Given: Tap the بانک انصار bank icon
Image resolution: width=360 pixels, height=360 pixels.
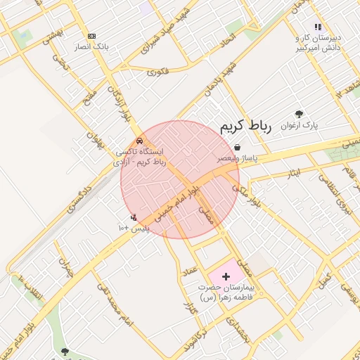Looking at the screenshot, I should [91, 36].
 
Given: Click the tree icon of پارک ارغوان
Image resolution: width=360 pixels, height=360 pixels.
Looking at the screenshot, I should [300, 113].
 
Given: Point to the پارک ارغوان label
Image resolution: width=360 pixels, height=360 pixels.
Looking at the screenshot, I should [300, 126].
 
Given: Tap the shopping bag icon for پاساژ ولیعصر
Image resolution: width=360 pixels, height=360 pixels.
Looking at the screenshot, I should [238, 148].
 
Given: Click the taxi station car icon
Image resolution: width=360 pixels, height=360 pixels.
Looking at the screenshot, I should [140, 141].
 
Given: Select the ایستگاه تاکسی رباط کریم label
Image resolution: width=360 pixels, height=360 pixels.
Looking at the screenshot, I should [140, 156].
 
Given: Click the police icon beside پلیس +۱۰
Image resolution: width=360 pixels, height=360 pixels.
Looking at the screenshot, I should [134, 218].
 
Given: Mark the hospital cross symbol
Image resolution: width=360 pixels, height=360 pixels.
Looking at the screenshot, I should [226, 276].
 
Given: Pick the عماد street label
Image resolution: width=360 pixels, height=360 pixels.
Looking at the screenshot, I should [190, 269].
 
